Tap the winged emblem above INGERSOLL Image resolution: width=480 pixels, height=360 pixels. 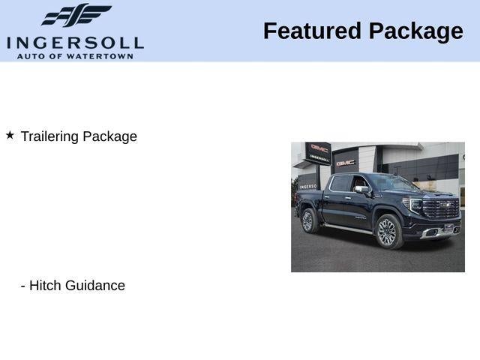pyautogui.click(x=76, y=16)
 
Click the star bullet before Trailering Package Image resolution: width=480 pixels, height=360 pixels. pyautogui.click(x=10, y=135)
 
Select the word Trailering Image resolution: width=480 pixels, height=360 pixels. pyautogui.click(x=49, y=136)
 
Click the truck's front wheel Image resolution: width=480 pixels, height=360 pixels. pyautogui.click(x=387, y=231)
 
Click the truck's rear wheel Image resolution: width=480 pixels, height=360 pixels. pyautogui.click(x=307, y=220)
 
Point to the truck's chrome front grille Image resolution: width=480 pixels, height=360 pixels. pyautogui.click(x=441, y=209)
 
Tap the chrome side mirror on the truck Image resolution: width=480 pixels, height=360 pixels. pyautogui.click(x=363, y=190)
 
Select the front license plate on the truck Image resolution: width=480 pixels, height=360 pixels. pyautogui.click(x=448, y=227)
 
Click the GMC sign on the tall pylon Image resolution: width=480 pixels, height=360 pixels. pyautogui.click(x=319, y=148)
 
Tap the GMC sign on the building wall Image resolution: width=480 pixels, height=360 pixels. pyautogui.click(x=346, y=161)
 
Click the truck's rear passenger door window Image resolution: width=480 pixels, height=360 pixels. pyautogui.click(x=340, y=184)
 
